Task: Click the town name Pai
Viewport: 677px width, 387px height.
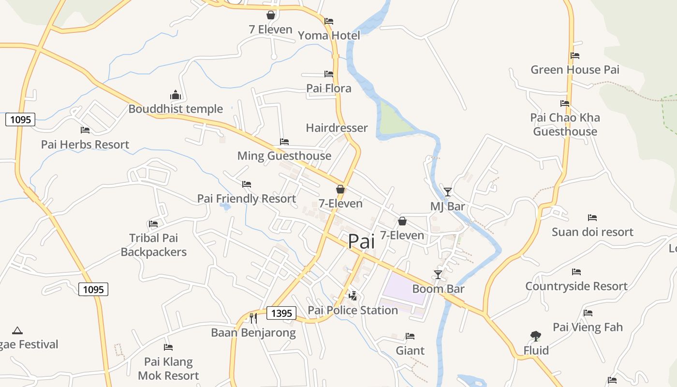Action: (361, 241)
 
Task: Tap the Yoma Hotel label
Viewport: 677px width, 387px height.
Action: (329, 35)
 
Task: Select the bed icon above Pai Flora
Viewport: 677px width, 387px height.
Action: (329, 74)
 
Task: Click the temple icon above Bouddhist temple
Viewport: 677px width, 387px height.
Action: (175, 95)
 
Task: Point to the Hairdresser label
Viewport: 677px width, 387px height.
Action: (337, 128)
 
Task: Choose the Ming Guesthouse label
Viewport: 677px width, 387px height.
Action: (284, 156)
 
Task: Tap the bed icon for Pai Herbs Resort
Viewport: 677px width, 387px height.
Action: (85, 130)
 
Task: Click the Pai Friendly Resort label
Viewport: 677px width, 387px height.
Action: (246, 198)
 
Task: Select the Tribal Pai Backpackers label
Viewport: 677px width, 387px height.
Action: (153, 245)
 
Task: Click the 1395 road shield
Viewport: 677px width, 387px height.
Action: (281, 313)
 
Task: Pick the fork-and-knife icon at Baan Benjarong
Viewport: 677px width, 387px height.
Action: (253, 318)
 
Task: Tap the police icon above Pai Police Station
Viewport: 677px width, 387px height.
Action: (353, 296)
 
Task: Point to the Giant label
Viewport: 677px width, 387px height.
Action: (410, 350)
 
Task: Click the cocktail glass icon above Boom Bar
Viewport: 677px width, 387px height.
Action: (438, 274)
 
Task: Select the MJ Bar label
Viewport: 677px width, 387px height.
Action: (447, 207)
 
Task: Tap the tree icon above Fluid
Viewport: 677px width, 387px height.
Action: (535, 336)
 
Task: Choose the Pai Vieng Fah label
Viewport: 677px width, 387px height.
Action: (588, 327)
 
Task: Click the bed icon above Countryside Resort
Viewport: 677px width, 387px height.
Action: (576, 272)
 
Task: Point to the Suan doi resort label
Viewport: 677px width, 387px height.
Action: (592, 232)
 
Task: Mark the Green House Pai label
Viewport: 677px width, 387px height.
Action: (575, 70)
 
